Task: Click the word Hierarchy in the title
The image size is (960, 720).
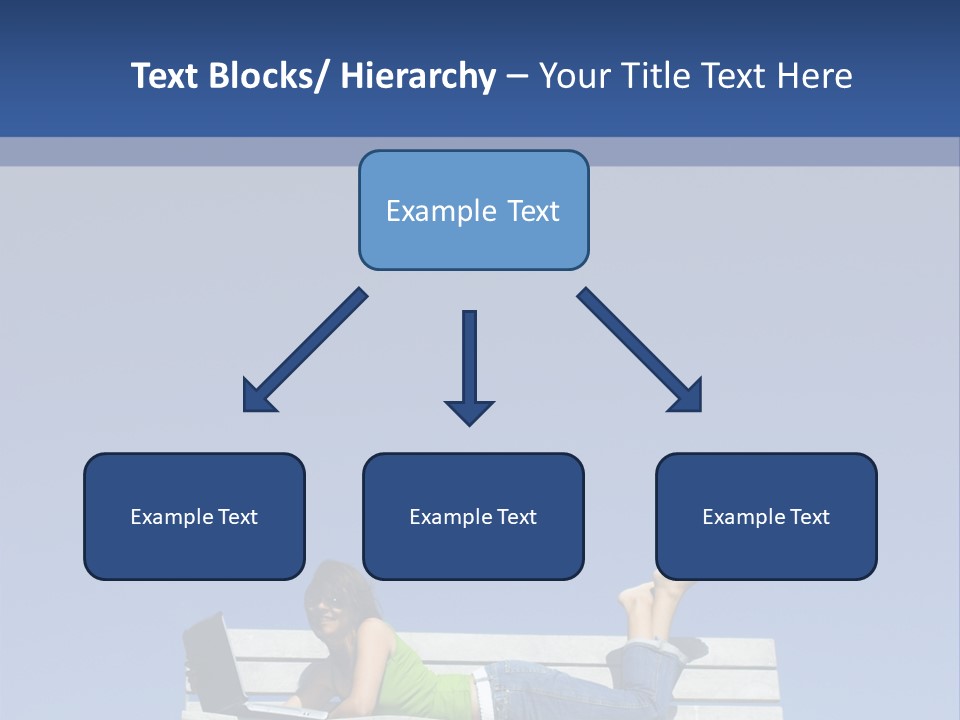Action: click(x=418, y=76)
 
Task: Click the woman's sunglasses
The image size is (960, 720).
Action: click(x=327, y=602)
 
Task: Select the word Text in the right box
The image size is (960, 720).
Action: click(x=810, y=517)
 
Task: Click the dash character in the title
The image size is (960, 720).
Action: click(x=516, y=78)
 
